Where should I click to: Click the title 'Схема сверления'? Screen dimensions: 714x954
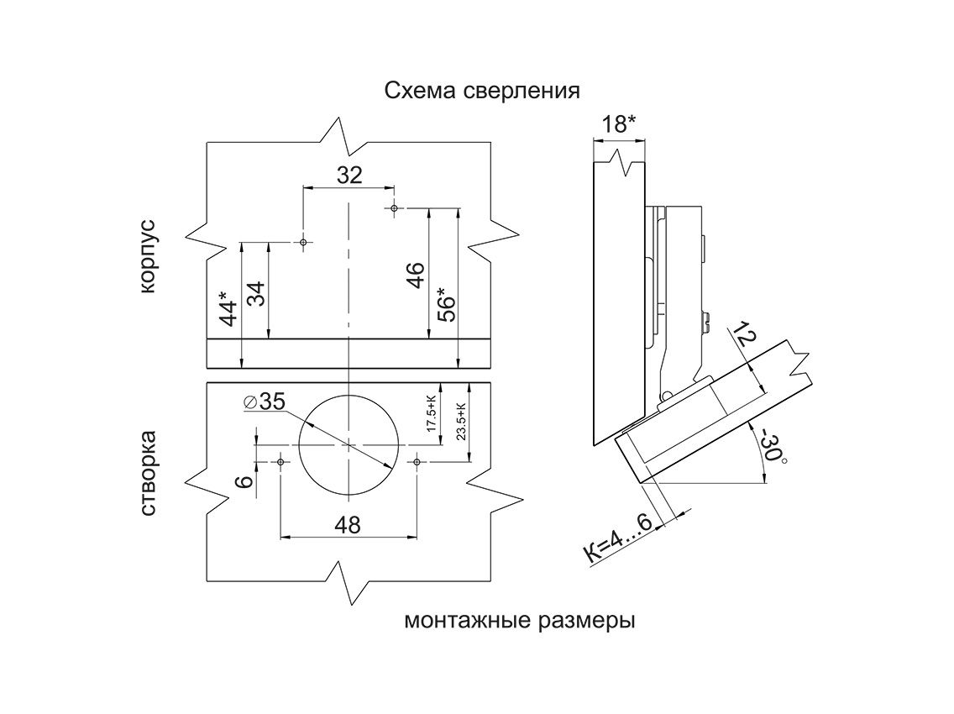coord(482,91)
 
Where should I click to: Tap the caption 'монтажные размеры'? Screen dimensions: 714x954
coord(519,622)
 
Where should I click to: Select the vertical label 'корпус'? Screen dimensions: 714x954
coord(148,256)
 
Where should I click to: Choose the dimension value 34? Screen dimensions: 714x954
coord(256,295)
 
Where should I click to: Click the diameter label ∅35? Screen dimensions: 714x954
coord(265,402)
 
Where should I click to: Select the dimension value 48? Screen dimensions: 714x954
coord(347,525)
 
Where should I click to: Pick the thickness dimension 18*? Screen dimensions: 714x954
coord(620,124)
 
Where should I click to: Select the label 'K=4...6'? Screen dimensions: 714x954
coord(617,539)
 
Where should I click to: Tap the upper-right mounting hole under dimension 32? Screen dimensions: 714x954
coord(393,207)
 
